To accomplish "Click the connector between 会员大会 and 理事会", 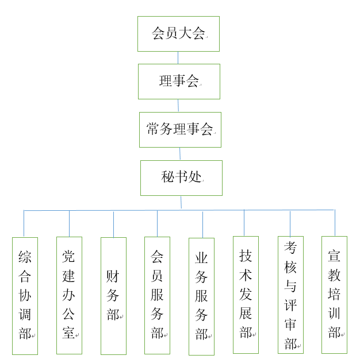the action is click(178, 57).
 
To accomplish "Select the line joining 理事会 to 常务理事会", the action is click(178, 106).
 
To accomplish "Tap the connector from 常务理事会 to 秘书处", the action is click(180, 154).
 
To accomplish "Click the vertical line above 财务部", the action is click(114, 225).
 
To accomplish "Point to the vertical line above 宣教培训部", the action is click(335, 223).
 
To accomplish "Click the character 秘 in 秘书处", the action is click(167, 177).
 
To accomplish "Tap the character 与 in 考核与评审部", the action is click(290, 286).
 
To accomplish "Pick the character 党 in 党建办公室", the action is click(68, 256).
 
